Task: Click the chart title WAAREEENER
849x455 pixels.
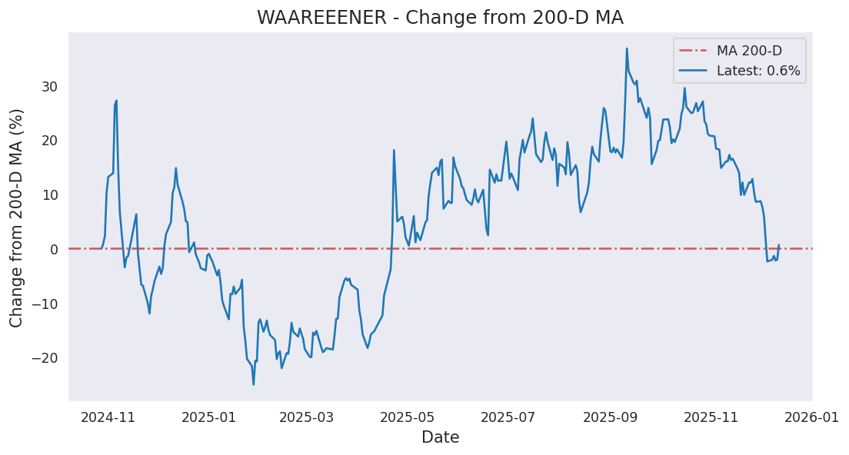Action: [440, 18]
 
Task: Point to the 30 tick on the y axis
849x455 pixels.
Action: [49, 87]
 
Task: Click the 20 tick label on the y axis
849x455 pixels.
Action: [49, 141]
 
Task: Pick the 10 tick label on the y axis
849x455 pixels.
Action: [49, 195]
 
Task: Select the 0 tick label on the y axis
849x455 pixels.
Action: [53, 249]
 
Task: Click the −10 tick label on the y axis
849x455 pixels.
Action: [45, 304]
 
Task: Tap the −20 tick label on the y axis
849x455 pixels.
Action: [45, 358]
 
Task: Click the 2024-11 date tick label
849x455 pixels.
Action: [108, 417]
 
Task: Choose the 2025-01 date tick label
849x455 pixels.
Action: [209, 417]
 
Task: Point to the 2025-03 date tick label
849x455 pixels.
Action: [307, 417]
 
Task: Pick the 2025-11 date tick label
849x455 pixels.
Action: [712, 417]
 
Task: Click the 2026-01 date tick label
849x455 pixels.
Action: [813, 417]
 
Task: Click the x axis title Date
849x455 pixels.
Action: [440, 438]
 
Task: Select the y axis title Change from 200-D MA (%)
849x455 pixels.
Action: [17, 218]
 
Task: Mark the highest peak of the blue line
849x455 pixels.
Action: [627, 48]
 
